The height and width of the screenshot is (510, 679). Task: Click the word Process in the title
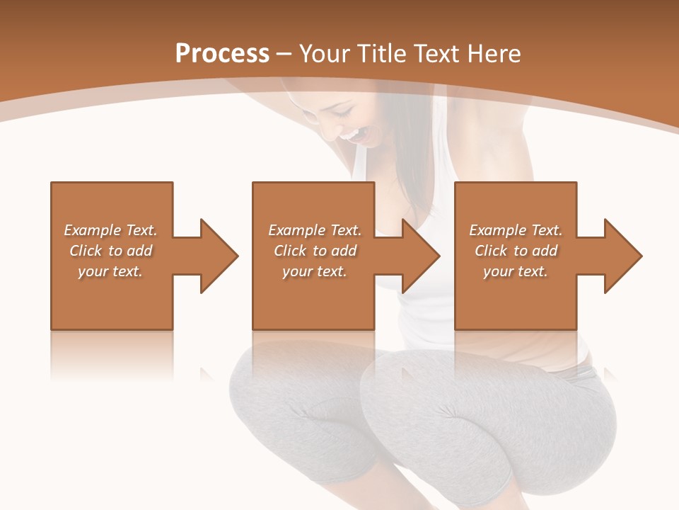click(x=222, y=54)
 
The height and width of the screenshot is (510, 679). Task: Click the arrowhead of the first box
click(x=216, y=256)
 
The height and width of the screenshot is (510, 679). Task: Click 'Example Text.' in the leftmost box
click(x=111, y=230)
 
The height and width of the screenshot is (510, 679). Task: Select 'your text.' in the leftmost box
click(x=111, y=271)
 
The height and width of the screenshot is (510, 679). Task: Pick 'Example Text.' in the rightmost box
click(x=516, y=230)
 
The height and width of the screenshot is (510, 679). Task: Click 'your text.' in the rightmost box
click(x=516, y=271)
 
